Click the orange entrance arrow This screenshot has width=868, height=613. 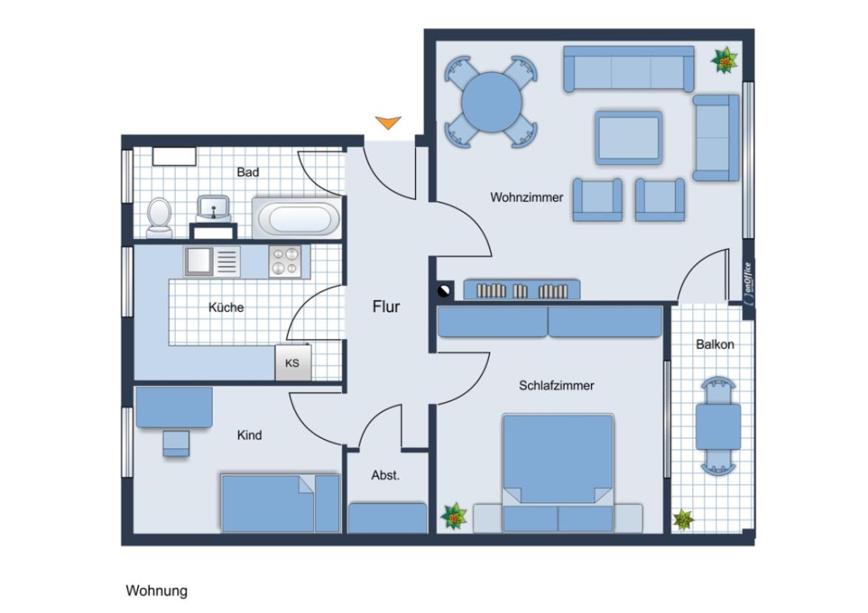[x=388, y=123]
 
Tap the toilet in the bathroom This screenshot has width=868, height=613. [x=159, y=217]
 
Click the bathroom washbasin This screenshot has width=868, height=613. [x=213, y=208]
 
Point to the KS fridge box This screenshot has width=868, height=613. [x=293, y=363]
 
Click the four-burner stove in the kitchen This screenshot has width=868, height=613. [x=285, y=261]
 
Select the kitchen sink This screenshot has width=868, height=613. [x=199, y=261]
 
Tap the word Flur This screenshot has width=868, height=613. [x=386, y=306]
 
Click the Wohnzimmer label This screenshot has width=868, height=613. [x=527, y=197]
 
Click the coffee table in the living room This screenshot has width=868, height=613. [x=629, y=137]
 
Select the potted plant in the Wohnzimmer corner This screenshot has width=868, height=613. [x=725, y=61]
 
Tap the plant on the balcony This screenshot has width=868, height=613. [x=683, y=519]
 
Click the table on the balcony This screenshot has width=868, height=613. [x=718, y=426]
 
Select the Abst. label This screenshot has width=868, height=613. [x=385, y=476]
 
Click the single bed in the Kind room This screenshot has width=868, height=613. [x=279, y=503]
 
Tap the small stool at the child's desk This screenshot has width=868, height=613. [x=177, y=443]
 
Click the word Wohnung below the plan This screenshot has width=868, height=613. [x=157, y=591]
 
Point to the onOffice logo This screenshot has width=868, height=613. [x=748, y=284]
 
